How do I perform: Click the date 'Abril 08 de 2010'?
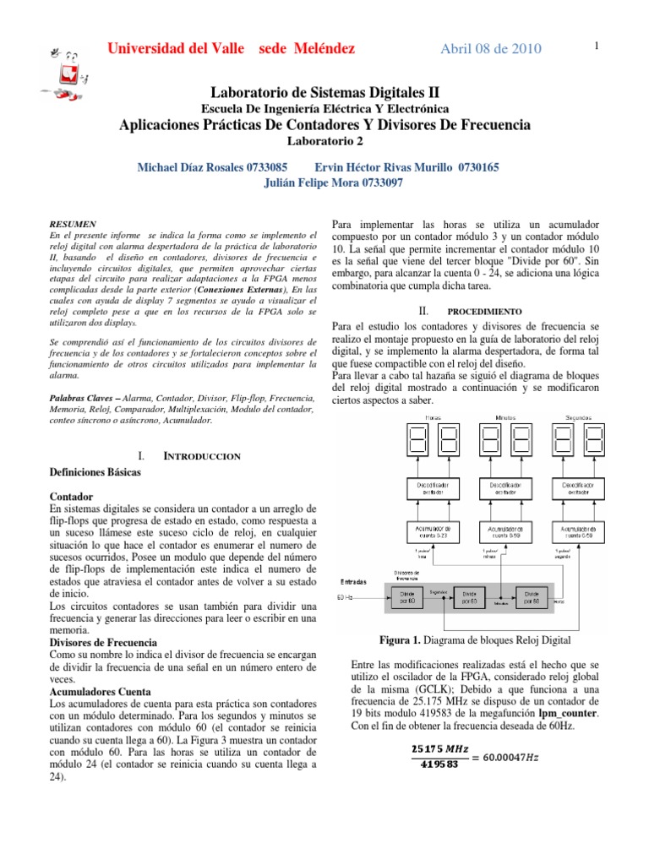(491, 48)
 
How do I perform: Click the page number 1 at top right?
(597, 46)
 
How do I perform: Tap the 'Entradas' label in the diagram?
(353, 581)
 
